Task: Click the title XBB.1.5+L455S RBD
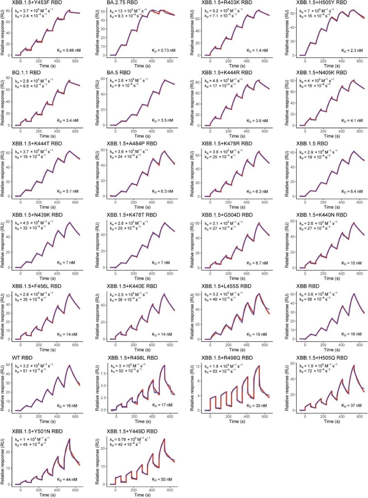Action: click(227, 286)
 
